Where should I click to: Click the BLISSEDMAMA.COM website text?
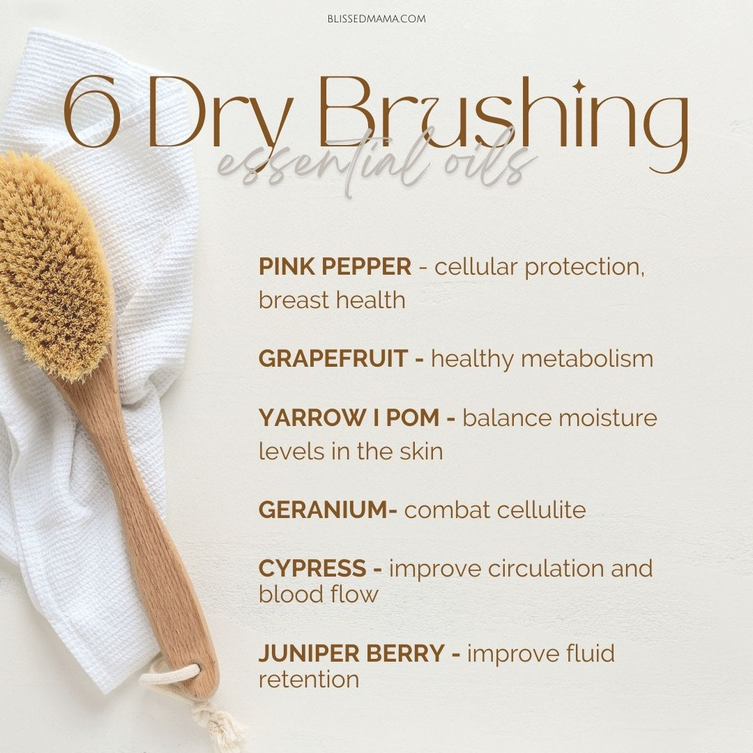coord(376,19)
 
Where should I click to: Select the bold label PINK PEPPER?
coord(335,266)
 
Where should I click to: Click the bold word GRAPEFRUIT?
coord(333,359)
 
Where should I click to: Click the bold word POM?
coord(413,418)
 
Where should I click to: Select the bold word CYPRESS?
coord(312,569)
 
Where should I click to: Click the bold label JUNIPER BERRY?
coord(351,653)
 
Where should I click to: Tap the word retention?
coord(309,680)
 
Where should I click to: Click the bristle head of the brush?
coord(54,264)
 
